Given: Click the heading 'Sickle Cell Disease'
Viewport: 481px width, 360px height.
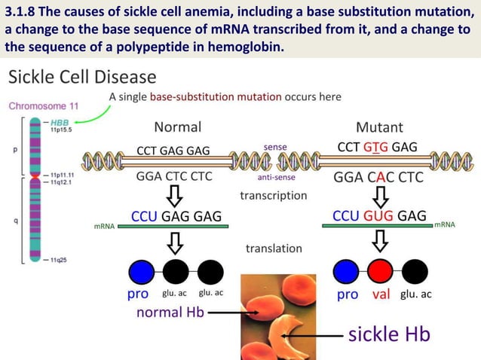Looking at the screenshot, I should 83,78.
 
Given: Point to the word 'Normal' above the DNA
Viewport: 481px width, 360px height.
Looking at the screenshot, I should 177,127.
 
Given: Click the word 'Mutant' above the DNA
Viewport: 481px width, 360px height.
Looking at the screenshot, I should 379,127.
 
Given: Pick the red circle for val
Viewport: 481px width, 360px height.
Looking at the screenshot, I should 381,271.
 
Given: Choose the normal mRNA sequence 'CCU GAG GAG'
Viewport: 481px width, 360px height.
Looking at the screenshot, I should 176,217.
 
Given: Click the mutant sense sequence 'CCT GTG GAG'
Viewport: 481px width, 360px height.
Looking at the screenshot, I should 377,147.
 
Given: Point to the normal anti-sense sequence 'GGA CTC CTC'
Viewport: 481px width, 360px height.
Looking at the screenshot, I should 173,178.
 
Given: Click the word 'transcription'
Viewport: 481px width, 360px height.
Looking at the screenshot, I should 274,195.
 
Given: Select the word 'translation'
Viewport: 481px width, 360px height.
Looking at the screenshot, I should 274,248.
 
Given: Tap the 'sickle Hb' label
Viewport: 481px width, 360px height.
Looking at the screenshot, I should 388,334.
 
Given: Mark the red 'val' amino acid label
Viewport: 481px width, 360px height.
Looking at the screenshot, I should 381,294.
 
